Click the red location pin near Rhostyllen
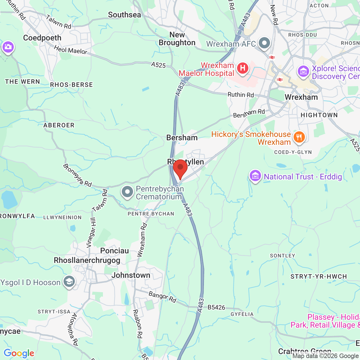point(180,168)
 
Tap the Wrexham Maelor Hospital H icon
point(242,68)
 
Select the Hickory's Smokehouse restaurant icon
point(299,138)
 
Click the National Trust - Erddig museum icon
point(255,176)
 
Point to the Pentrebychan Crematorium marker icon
point(127,192)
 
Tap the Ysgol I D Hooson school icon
point(69,282)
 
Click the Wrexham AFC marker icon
point(264,43)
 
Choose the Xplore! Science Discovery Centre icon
point(303,71)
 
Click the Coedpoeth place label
point(42,38)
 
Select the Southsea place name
point(125,15)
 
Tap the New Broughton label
point(177,39)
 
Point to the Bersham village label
point(182,138)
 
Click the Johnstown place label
point(131,275)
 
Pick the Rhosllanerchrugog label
point(87,260)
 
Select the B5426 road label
point(216,307)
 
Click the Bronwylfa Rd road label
point(77,175)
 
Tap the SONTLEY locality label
point(282,256)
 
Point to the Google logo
point(19,353)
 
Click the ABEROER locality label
point(59,125)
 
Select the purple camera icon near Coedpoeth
point(8,47)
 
